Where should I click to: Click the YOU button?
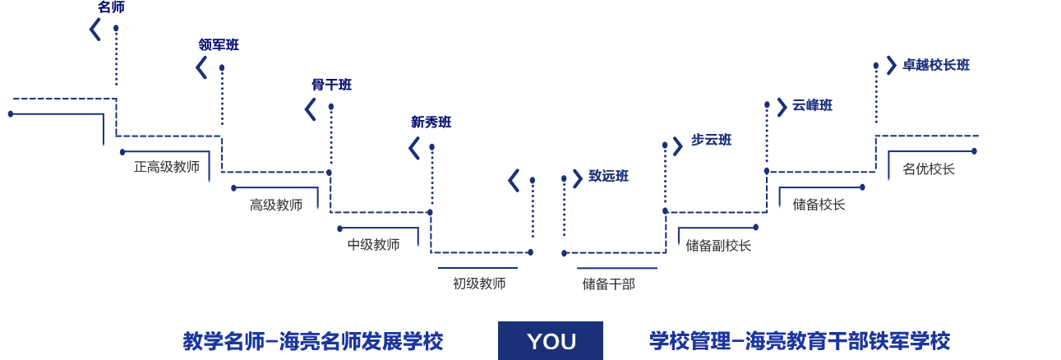pyautogui.click(x=550, y=340)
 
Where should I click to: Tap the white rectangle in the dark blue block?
pyautogui.click(x=78, y=196)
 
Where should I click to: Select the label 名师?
pyautogui.click(x=111, y=7)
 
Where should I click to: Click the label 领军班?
pyautogui.click(x=218, y=44)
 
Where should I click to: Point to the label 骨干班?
pyautogui.click(x=331, y=85)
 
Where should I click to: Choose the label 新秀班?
pyautogui.click(x=431, y=122)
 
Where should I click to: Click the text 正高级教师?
pyautogui.click(x=167, y=167)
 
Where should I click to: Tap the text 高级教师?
pyautogui.click(x=276, y=205)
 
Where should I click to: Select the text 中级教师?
pyautogui.click(x=373, y=244)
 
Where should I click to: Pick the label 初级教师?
pyautogui.click(x=479, y=284)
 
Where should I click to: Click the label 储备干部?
pyautogui.click(x=609, y=284)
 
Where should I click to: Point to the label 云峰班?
pyautogui.click(x=812, y=105)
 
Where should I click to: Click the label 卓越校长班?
pyautogui.click(x=936, y=65)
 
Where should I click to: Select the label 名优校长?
pyautogui.click(x=929, y=169)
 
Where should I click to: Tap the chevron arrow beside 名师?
pyautogui.click(x=95, y=30)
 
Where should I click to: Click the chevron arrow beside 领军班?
pyautogui.click(x=201, y=67)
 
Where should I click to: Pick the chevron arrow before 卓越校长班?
pyautogui.click(x=891, y=65)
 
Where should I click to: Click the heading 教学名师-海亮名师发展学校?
pyautogui.click(x=312, y=341)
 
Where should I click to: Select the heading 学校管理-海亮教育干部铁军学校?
pyautogui.click(x=799, y=340)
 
